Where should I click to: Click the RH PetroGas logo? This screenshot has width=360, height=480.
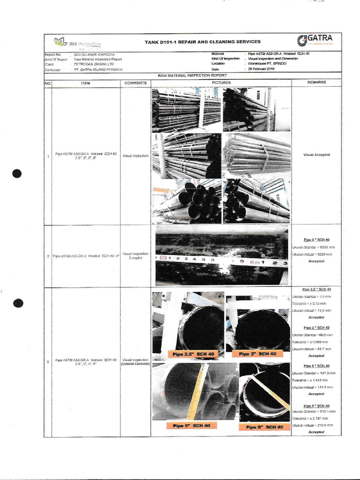tap(78, 44)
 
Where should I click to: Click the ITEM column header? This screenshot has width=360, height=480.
tap(85, 83)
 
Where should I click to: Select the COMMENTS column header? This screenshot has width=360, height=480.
tap(135, 83)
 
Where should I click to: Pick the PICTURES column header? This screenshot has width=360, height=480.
tap(221, 83)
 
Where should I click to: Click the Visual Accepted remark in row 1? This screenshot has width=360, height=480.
tap(316, 154)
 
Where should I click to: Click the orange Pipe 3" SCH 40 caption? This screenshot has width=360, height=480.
tap(257, 353)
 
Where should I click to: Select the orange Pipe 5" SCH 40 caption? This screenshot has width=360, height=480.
tap(191, 426)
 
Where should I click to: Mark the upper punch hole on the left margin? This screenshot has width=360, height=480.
tap(17, 173)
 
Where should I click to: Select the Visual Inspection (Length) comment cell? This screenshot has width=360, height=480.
tap(135, 255)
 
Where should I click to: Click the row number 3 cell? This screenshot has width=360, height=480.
tap(47, 362)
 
